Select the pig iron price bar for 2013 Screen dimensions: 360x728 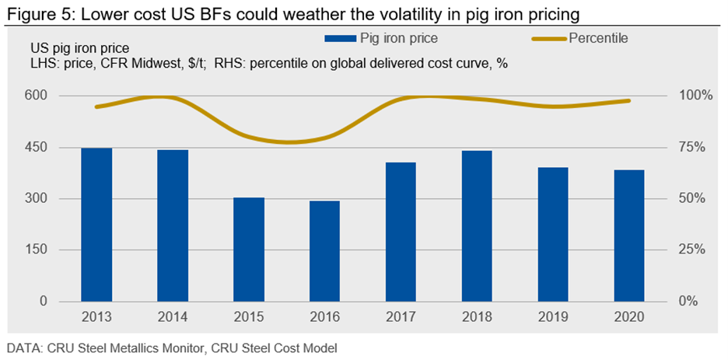pyautogui.click(x=96, y=225)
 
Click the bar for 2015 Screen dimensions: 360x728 pyautogui.click(x=249, y=250)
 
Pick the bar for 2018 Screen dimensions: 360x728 pyautogui.click(x=478, y=226)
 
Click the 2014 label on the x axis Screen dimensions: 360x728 pyautogui.click(x=173, y=317)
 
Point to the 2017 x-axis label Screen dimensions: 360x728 pyautogui.click(x=401, y=317)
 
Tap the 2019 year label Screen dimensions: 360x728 pyautogui.click(x=554, y=317)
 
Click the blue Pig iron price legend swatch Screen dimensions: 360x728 pyautogui.click(x=338, y=37)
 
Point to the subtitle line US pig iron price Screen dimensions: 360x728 pyautogui.click(x=75, y=49)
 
